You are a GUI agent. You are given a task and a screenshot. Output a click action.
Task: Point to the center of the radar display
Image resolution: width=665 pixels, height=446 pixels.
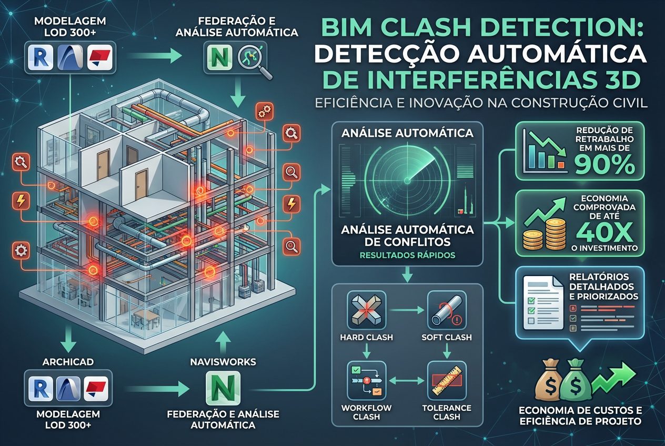point(407,181)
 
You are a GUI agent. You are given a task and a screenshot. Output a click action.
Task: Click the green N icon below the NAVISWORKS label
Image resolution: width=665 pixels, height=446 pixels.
point(221,389)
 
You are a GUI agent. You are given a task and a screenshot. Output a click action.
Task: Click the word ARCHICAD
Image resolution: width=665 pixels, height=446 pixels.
point(68,362)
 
